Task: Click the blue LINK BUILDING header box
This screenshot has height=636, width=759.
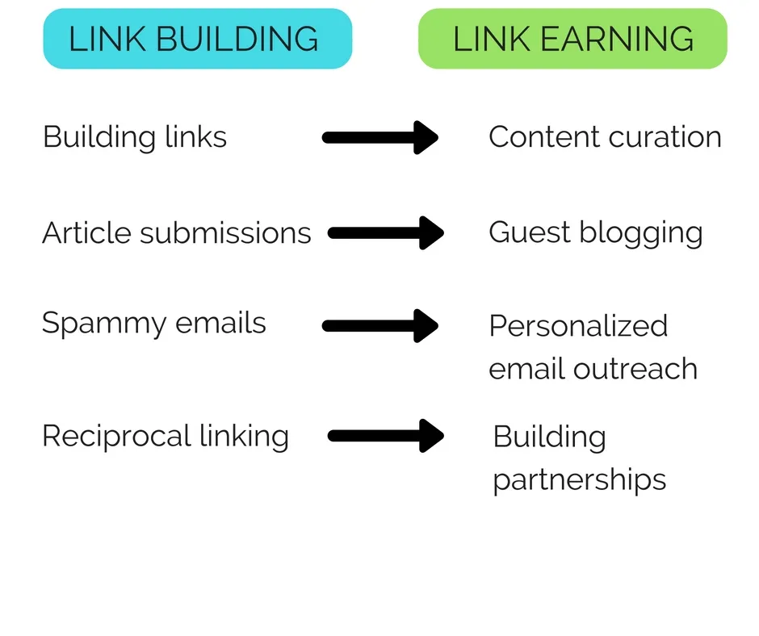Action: [x=197, y=39]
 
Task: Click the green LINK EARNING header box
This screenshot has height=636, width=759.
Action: [x=572, y=39]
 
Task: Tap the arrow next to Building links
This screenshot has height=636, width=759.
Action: [x=379, y=137]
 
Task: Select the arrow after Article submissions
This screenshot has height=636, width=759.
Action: [x=386, y=233]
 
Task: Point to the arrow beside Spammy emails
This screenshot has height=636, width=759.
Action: [x=379, y=326]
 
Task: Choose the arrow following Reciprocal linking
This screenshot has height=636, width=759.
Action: [x=386, y=436]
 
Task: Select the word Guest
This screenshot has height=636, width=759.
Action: [x=529, y=233]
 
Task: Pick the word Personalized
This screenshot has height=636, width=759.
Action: [x=578, y=327]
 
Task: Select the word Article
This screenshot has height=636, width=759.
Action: [x=86, y=233]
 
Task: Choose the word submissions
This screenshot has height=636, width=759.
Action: [x=225, y=233]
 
